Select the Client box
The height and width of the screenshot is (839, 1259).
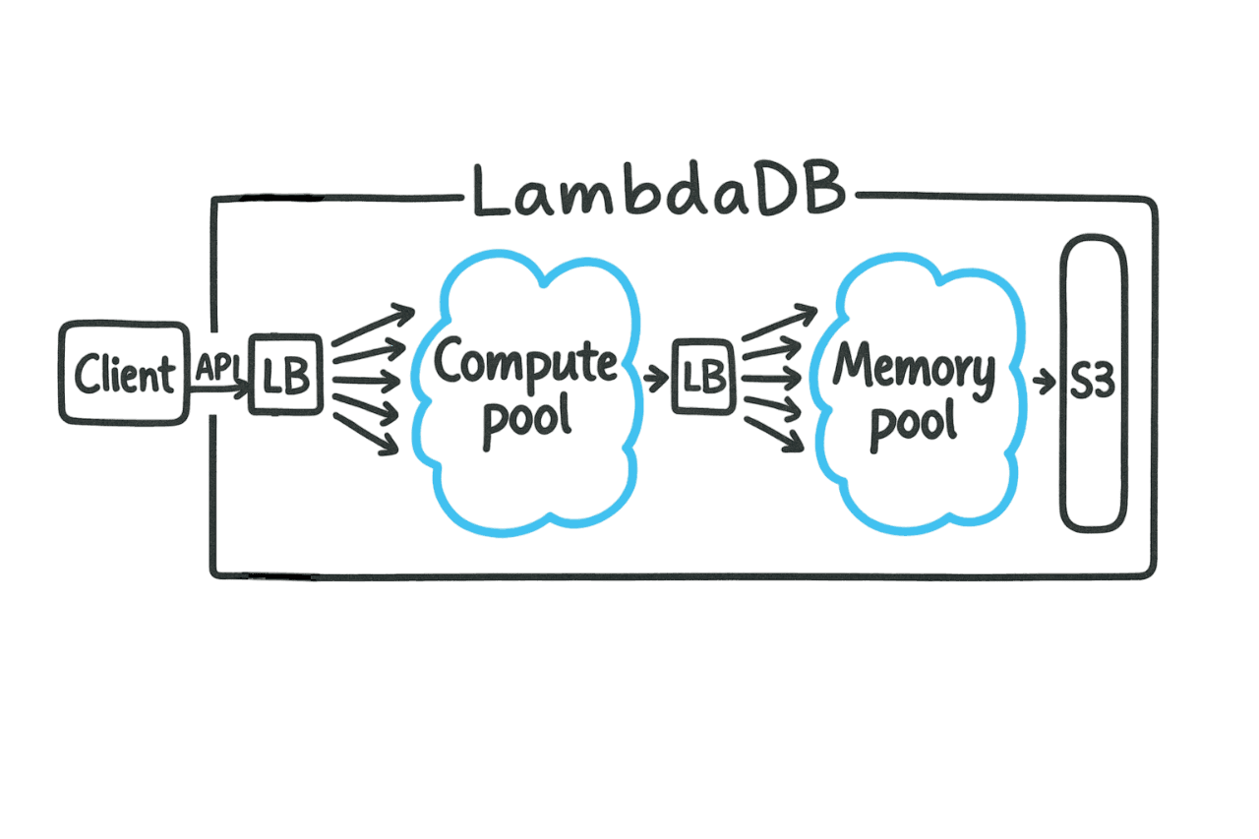[123, 373]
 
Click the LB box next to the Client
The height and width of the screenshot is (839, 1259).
[285, 375]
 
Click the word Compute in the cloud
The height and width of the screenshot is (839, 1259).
[526, 363]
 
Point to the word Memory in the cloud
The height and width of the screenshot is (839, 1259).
[914, 368]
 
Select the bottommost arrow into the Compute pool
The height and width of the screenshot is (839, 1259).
[367, 434]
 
